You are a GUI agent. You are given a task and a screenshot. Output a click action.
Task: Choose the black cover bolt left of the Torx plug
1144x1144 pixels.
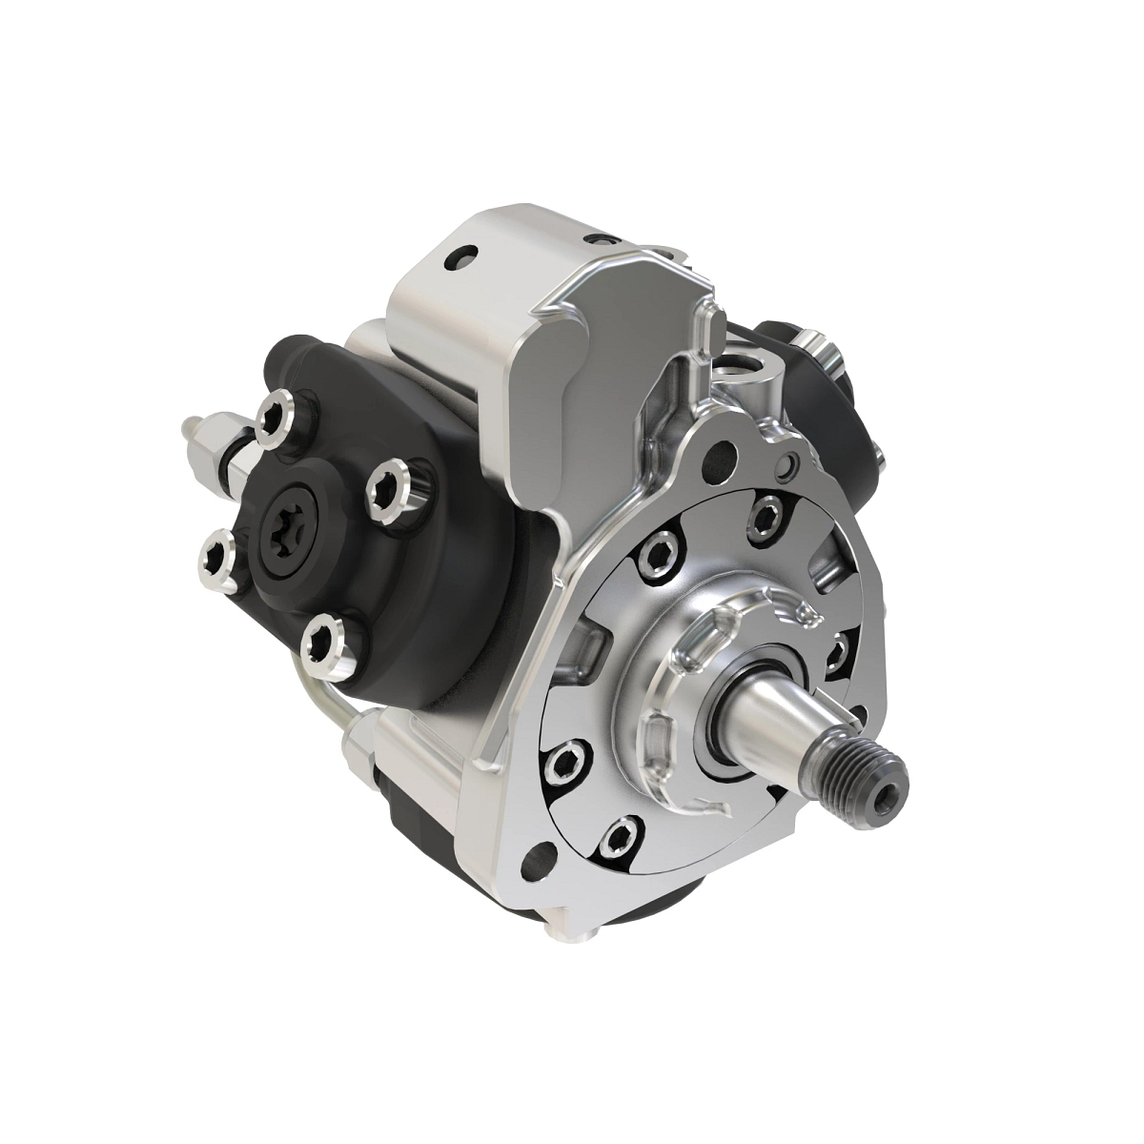[x=218, y=561]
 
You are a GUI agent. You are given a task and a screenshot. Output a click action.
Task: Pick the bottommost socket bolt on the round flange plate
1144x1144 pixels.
[x=621, y=835]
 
